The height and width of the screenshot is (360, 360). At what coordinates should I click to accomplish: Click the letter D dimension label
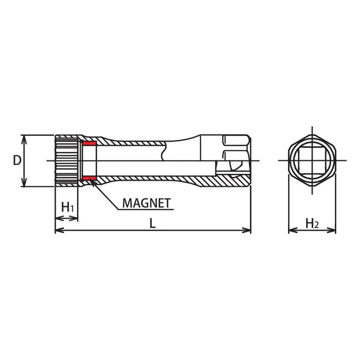tap(17, 160)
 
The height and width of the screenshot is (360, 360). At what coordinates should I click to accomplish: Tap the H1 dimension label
tap(67, 207)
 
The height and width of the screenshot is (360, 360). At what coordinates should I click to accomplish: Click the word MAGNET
tap(147, 203)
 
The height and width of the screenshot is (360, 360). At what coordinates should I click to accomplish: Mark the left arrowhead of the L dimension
tap(58, 230)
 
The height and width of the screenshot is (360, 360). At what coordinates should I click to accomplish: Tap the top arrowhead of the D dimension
tap(25, 138)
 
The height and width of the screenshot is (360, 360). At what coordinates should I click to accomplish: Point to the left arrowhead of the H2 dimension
tap(291, 230)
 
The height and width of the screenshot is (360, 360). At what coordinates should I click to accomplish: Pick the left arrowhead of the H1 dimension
tap(57, 218)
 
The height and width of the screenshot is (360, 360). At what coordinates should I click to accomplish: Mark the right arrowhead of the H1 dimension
tap(75, 218)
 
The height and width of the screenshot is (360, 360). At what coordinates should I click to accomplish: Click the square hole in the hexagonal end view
tap(312, 161)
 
